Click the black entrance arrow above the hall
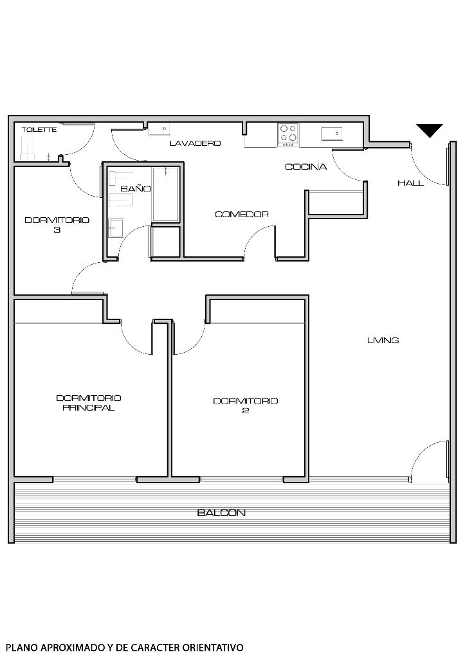click(429, 130)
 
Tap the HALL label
click(410, 183)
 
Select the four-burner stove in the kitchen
click(288, 134)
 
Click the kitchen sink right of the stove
click(331, 133)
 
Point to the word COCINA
click(305, 167)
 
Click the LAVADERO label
click(195, 143)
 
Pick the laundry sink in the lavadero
click(159, 130)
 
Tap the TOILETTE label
click(39, 130)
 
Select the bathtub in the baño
click(165, 194)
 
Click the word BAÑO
click(136, 189)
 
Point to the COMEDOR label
click(241, 215)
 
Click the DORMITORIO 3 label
click(57, 224)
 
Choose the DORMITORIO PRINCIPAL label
click(89, 403)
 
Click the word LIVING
click(383, 341)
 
